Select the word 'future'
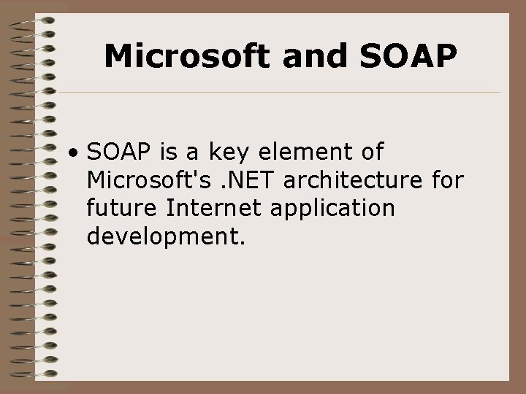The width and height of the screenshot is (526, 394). coord(122,208)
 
